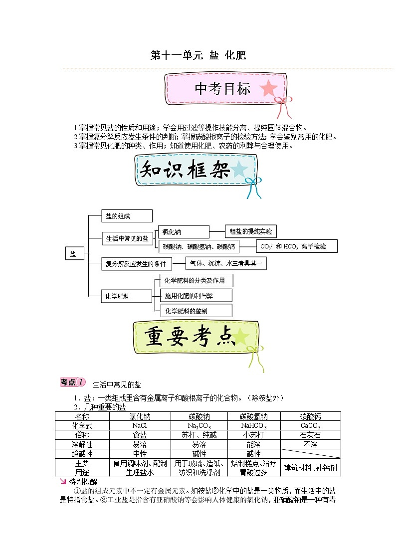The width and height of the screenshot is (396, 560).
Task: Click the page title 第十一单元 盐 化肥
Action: point(198,55)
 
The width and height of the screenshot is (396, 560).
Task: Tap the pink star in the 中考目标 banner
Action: point(269,89)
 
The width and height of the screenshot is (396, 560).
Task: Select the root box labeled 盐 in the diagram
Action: point(74,254)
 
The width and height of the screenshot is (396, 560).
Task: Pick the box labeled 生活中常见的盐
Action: point(128,239)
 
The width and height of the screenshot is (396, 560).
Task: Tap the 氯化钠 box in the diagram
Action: point(183,232)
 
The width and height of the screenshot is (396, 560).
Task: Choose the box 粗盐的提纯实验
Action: point(250,231)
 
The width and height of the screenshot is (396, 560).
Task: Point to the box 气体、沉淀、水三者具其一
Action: point(226,263)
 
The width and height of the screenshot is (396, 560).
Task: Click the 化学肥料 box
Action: point(120,296)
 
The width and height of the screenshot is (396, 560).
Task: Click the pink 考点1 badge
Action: point(72,382)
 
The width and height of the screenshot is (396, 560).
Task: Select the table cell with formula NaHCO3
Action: point(253,426)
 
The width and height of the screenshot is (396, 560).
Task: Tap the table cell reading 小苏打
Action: point(253,435)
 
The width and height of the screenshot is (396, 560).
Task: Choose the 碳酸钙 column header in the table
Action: point(310,416)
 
